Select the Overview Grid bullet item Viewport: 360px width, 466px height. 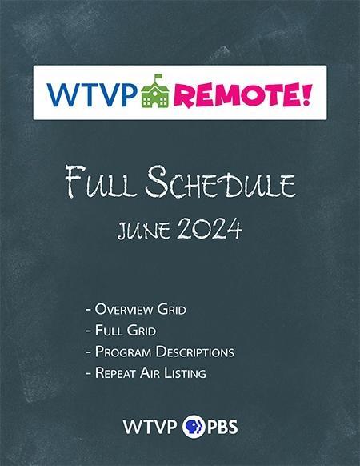pos(138,308)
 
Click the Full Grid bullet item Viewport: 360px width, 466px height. pos(121,330)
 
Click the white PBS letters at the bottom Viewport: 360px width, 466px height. pos(221,424)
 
